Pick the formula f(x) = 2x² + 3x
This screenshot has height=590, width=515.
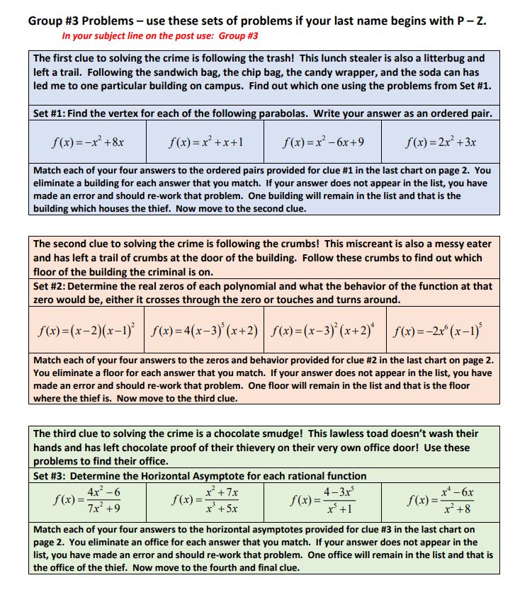441,142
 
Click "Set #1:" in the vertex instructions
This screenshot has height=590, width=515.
51,113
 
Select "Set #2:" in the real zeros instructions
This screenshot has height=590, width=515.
51,287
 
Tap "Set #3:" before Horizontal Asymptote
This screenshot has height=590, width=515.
51,476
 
